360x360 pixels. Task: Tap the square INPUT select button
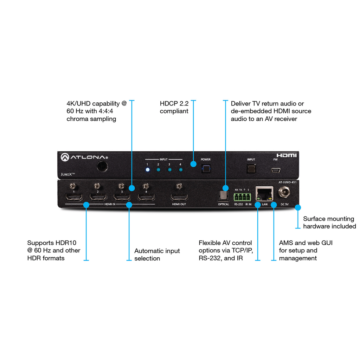click(251, 169)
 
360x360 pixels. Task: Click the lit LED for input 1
click(148, 170)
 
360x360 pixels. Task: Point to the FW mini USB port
click(275, 171)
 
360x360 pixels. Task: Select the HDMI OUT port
click(179, 197)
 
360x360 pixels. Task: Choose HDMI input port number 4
click(146, 197)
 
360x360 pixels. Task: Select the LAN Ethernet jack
click(264, 194)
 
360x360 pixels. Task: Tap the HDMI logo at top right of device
click(286, 155)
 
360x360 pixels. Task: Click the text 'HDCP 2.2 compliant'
click(174, 108)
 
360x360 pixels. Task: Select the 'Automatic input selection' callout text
click(157, 255)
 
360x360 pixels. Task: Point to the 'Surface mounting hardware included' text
click(329, 223)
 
